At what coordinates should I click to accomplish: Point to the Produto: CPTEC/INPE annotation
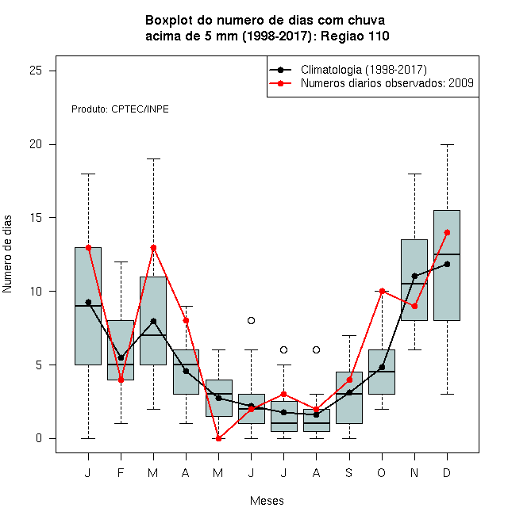coord(120,109)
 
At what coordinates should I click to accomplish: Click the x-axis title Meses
coord(267,501)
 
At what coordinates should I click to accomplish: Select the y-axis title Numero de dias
coord(7,254)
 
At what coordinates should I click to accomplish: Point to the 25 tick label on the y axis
coord(36,71)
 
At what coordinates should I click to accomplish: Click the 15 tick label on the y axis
coord(36,218)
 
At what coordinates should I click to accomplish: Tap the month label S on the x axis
coord(349,472)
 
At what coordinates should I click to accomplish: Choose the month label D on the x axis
coord(447,472)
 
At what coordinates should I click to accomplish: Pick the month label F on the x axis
coord(121,472)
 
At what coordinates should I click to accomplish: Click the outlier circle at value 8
coord(251,321)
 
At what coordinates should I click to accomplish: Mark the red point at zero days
coord(218,439)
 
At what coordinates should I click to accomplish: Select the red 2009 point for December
coord(447,232)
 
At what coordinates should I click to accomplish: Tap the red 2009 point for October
coord(382,291)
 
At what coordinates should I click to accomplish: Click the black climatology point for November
coord(414,276)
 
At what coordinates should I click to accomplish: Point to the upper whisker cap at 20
coord(447,144)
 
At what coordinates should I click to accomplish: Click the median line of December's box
coord(447,254)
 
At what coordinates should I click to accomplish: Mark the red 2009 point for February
coord(121,380)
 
